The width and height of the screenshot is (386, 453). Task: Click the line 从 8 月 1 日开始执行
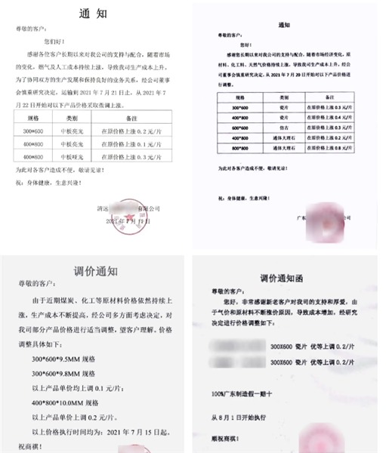243,414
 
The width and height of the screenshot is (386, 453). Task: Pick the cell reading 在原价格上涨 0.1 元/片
130,143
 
